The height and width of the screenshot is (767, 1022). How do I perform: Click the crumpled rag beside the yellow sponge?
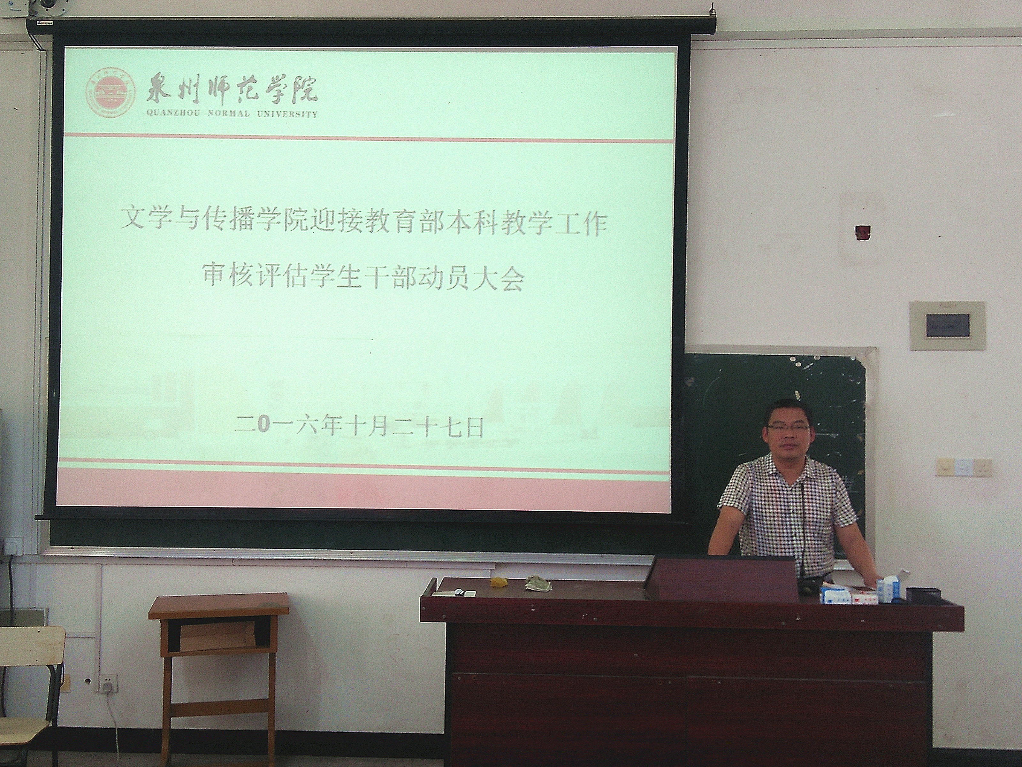(538, 584)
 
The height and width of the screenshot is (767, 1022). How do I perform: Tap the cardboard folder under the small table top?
(217, 634)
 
